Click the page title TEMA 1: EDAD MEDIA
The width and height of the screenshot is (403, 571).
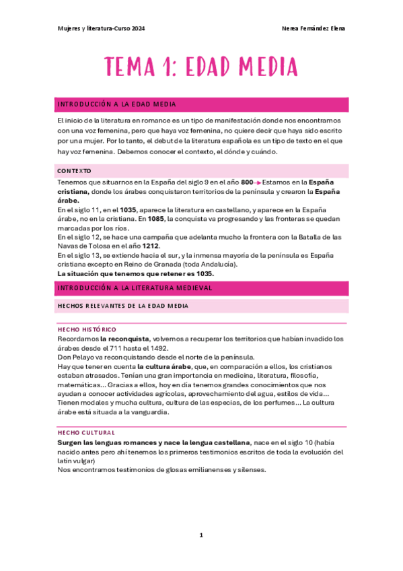[201, 67]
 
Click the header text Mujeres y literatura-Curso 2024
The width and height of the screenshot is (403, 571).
[100, 28]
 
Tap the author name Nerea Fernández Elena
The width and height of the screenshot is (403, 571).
[316, 28]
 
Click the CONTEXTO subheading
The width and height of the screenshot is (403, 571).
[75, 171]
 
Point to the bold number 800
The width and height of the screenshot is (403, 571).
[247, 182]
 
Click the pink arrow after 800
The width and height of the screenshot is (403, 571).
[258, 182]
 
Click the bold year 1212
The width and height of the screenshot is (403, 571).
[150, 246]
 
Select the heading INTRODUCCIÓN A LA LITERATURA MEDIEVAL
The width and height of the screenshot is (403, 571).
[135, 288]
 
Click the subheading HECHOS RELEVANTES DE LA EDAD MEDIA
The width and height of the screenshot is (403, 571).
[123, 306]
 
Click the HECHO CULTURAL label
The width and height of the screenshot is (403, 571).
[86, 432]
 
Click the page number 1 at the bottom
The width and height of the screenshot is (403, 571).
[201, 535]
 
